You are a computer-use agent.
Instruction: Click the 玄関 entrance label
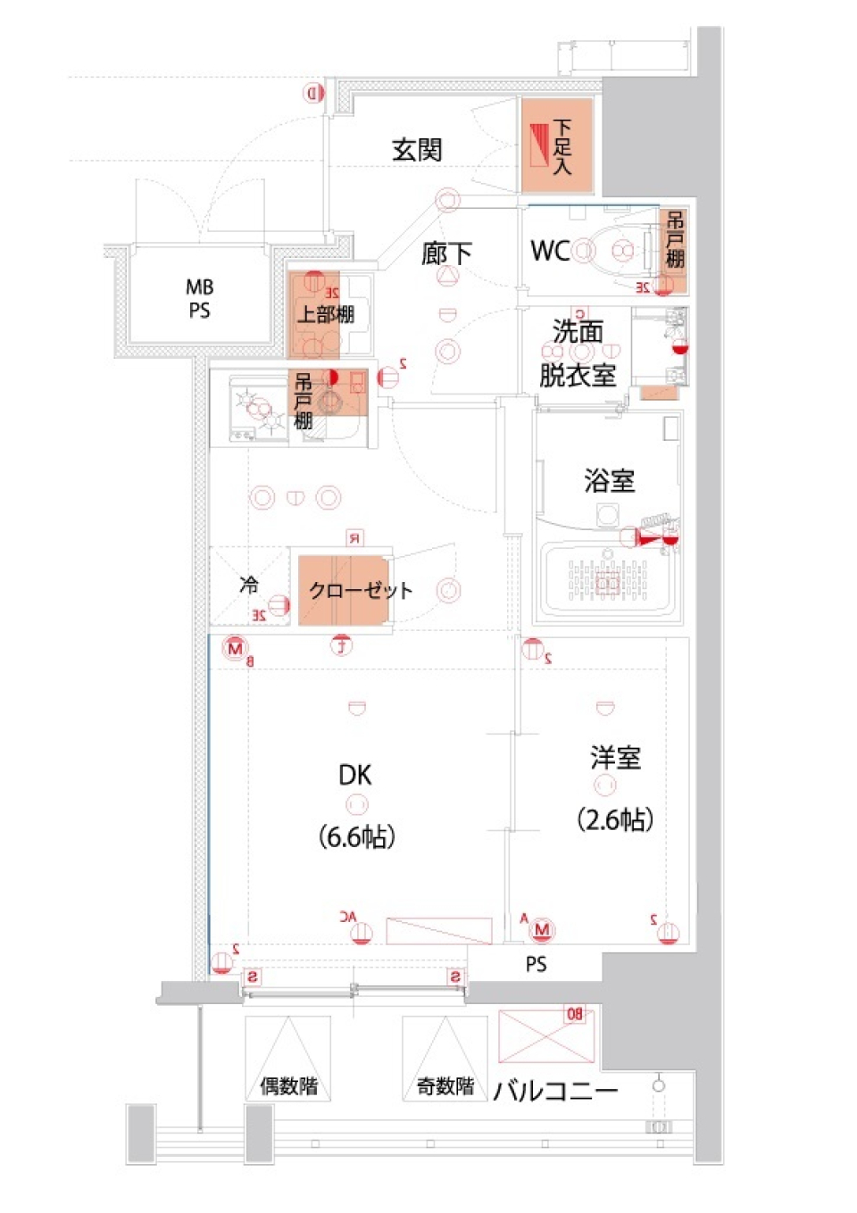tap(417, 149)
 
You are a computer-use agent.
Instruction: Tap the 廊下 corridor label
tap(446, 253)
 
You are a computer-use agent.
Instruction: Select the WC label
tap(550, 251)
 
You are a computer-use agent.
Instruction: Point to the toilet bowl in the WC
tap(615, 251)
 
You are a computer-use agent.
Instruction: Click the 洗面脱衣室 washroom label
tap(578, 353)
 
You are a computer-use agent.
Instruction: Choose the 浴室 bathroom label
tap(610, 481)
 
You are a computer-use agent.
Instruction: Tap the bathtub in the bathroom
tap(607, 578)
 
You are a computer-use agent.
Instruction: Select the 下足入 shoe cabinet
tap(557, 146)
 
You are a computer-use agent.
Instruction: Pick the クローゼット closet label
tap(360, 591)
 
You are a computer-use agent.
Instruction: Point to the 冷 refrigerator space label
tap(248, 586)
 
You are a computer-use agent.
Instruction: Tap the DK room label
tap(355, 775)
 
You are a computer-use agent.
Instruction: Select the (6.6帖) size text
tap(356, 837)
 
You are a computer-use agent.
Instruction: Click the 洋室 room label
tap(615, 758)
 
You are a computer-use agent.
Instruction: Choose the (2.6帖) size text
tap(615, 819)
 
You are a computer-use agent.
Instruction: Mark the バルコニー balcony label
tap(555, 1091)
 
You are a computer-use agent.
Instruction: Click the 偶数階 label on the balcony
tap(288, 1086)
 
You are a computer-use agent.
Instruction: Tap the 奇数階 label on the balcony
tap(445, 1086)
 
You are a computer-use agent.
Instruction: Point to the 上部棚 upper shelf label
tap(325, 314)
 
